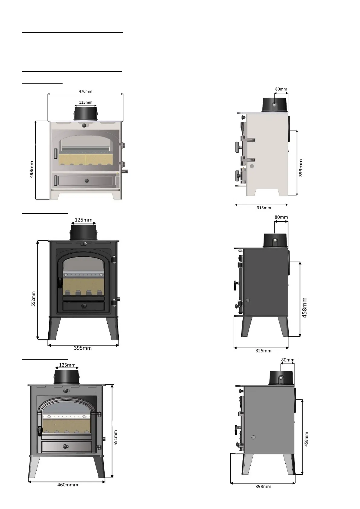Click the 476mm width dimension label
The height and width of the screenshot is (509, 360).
pyautogui.click(x=86, y=91)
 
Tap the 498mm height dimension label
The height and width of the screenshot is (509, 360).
pyautogui.click(x=32, y=169)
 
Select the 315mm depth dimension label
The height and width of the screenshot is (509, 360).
pyautogui.click(x=264, y=208)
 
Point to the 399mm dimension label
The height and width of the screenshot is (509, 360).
pyautogui.click(x=300, y=168)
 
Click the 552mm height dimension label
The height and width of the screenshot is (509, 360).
pyautogui.click(x=34, y=299)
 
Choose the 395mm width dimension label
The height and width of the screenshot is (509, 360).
pyautogui.click(x=83, y=348)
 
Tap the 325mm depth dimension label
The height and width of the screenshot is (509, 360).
pyautogui.click(x=263, y=351)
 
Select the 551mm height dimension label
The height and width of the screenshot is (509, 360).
pyautogui.click(x=115, y=438)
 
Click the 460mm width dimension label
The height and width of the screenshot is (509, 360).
pyautogui.click(x=67, y=485)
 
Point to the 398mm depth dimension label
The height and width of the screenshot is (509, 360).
pyautogui.click(x=263, y=487)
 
